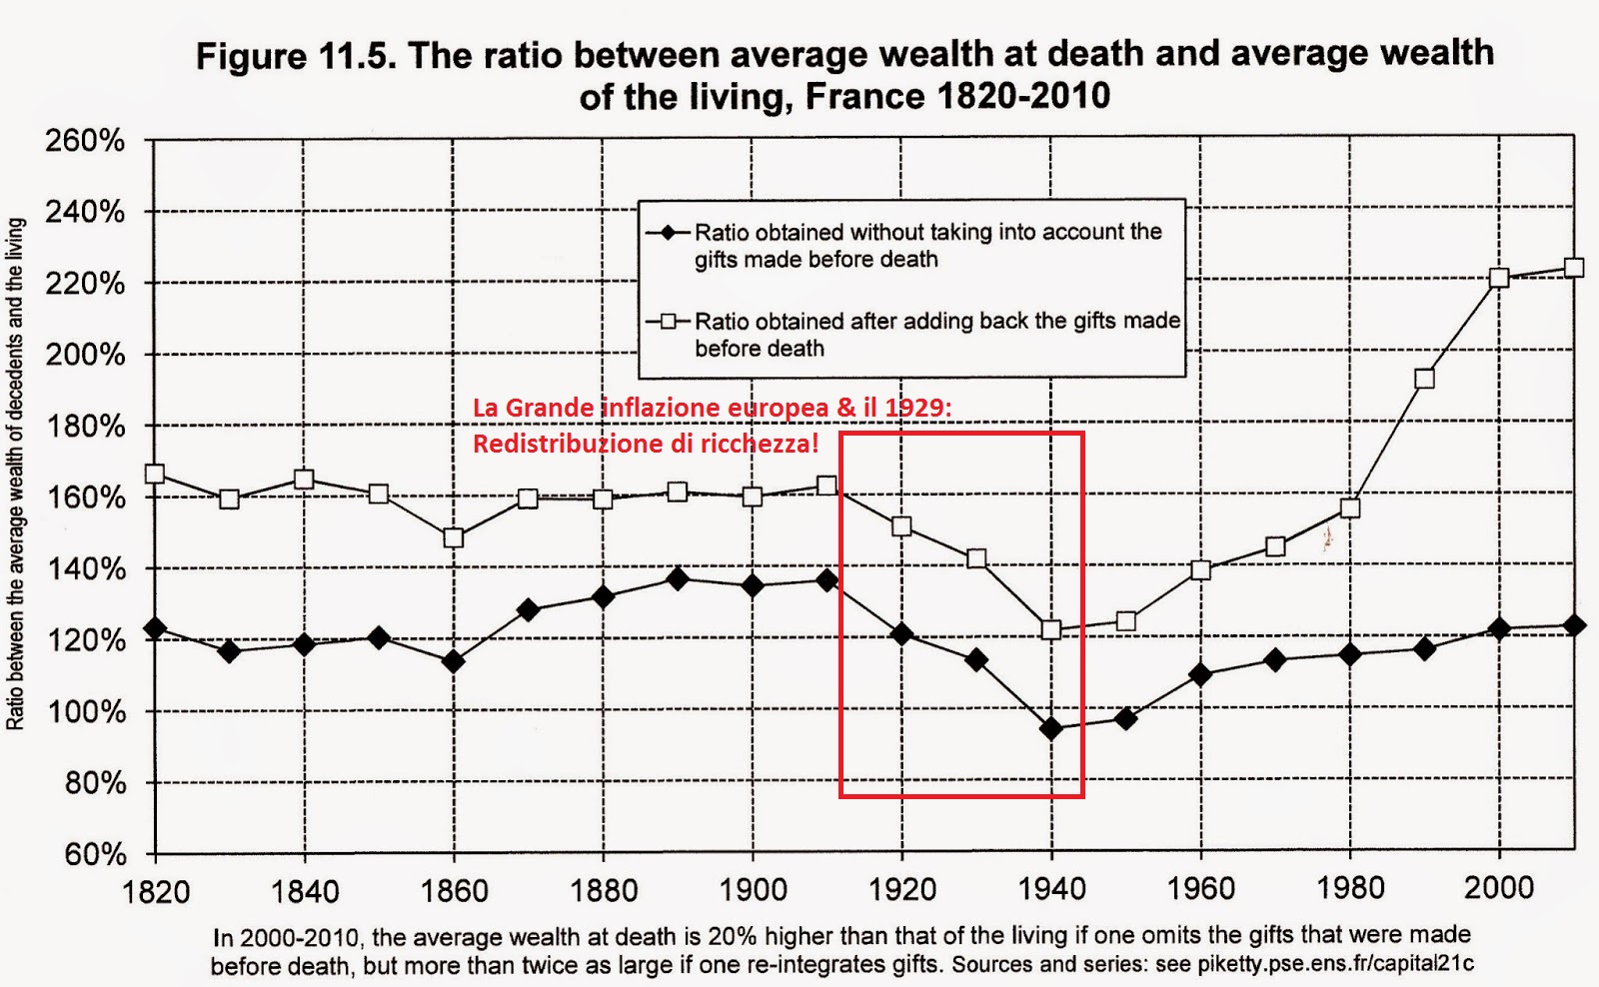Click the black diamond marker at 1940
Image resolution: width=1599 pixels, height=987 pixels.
coord(1050,728)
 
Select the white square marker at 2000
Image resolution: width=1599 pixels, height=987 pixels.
coord(1499,278)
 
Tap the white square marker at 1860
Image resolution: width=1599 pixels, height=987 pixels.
coord(453,537)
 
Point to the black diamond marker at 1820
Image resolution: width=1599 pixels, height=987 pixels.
coord(155,628)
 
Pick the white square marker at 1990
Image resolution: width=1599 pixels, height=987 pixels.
coord(1425,379)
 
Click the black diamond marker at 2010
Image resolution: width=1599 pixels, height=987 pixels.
coord(1574,625)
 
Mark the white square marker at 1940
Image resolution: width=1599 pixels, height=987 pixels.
coord(1050,629)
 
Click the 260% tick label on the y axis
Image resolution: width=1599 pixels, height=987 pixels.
coord(85,141)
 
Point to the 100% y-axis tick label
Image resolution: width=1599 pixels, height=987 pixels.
coord(87,712)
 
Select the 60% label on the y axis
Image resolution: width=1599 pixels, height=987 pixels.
coord(95,854)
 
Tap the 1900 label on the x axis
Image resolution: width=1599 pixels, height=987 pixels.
coord(753,889)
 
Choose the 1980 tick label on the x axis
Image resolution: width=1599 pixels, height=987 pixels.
coord(1350,887)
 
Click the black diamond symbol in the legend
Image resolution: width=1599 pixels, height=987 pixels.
coord(668,233)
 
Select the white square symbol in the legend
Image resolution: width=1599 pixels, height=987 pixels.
coord(668,322)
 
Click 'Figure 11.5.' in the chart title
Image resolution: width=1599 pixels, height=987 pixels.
coord(296,56)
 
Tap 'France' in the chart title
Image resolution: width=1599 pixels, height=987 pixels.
coord(865,97)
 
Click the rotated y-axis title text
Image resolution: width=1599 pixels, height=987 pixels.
coord(16,475)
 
